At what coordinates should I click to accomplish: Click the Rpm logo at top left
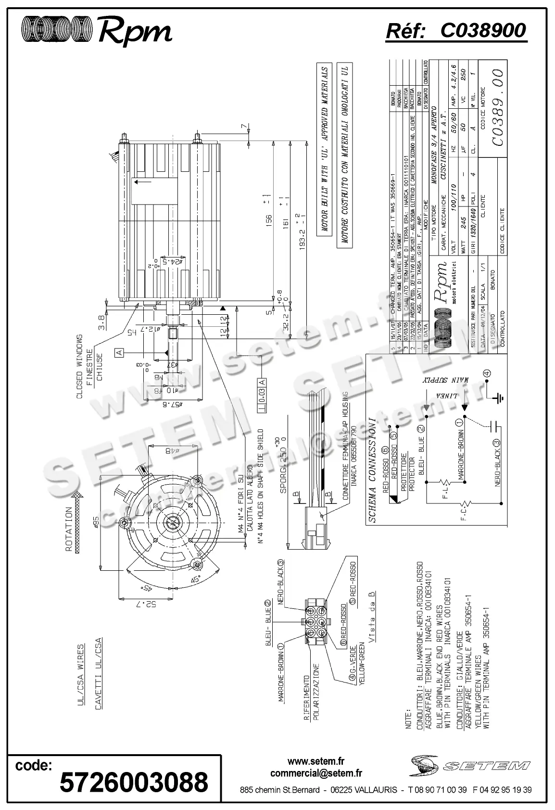coord(97,31)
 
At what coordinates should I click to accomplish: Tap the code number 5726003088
coord(134,782)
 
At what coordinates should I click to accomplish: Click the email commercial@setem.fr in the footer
coord(316,773)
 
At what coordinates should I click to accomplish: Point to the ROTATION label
coord(70,529)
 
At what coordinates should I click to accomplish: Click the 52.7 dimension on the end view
coord(150,604)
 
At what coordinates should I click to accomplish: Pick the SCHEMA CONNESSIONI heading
coord(372,470)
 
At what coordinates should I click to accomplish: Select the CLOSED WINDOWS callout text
coord(80,367)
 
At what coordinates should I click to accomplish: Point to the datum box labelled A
coord(120,353)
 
